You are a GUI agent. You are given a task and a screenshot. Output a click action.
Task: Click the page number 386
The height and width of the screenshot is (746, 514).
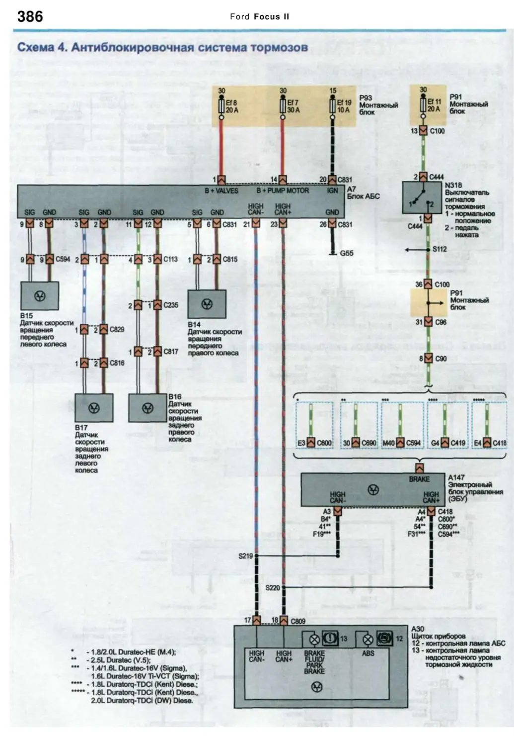[30, 17]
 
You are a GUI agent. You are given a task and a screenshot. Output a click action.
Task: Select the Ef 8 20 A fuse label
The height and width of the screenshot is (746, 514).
[232, 106]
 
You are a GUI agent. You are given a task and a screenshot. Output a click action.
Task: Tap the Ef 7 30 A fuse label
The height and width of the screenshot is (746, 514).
[294, 106]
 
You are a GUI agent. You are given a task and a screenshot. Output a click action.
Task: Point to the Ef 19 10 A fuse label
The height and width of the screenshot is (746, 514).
[344, 106]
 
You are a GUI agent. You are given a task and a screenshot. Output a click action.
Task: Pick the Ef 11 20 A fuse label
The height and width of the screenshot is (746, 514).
[434, 105]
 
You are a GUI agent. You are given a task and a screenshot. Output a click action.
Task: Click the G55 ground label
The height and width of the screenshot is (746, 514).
[347, 253]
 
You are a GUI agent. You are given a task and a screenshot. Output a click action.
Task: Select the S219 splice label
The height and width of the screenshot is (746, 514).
[245, 556]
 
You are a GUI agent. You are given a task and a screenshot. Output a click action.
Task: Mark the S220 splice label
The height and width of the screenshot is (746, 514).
[273, 588]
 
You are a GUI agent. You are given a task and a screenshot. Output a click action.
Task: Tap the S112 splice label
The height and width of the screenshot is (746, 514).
[439, 249]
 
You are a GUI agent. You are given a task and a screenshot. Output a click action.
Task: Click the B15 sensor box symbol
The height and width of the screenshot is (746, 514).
[39, 296]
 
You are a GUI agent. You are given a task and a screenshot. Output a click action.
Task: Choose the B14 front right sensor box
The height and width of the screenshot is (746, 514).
[207, 304]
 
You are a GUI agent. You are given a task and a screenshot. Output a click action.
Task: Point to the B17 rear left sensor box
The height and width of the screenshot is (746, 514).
[94, 408]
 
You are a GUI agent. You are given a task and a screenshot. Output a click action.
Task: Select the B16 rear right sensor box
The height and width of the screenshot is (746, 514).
[147, 408]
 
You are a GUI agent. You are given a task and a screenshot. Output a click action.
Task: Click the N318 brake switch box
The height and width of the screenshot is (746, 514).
[422, 198]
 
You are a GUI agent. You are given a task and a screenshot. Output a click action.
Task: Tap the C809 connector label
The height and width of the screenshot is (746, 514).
[298, 621]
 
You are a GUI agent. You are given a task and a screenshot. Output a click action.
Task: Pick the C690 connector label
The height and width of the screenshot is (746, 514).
[368, 443]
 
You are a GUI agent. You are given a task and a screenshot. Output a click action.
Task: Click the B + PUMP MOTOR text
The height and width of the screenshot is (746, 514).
[283, 190]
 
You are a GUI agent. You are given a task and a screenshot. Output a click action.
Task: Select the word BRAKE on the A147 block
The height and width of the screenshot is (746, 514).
[419, 479]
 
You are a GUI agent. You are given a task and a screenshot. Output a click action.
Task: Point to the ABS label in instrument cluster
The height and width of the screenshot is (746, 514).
[368, 653]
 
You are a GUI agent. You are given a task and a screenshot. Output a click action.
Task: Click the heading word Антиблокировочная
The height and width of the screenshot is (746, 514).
[132, 48]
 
